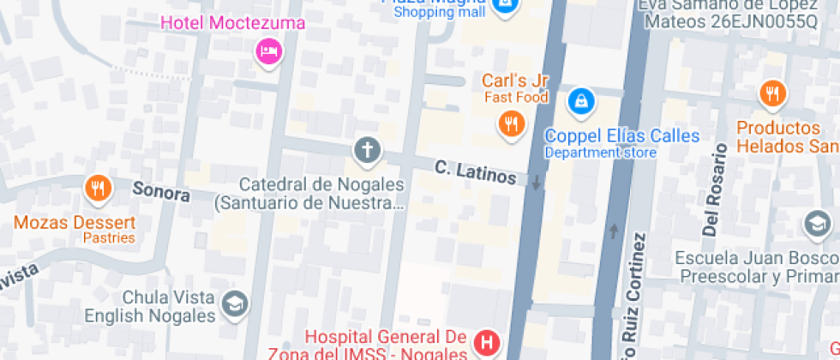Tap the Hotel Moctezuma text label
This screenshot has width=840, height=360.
tap(232, 23)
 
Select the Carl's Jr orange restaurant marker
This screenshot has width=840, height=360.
tap(511, 123)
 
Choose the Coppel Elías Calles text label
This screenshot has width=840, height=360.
tap(622, 136)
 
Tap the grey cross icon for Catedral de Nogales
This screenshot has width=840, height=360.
tap(367, 150)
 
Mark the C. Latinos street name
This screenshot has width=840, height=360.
tap(475, 171)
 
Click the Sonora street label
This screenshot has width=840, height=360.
tap(161, 191)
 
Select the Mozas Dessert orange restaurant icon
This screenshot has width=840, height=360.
tap(99, 188)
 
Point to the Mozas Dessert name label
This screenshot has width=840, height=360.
tap(75, 223)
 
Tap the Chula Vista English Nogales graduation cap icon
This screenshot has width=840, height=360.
tap(234, 303)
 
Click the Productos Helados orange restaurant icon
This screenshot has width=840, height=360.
tap(772, 93)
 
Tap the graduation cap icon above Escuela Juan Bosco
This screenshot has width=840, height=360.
tap(816, 225)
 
